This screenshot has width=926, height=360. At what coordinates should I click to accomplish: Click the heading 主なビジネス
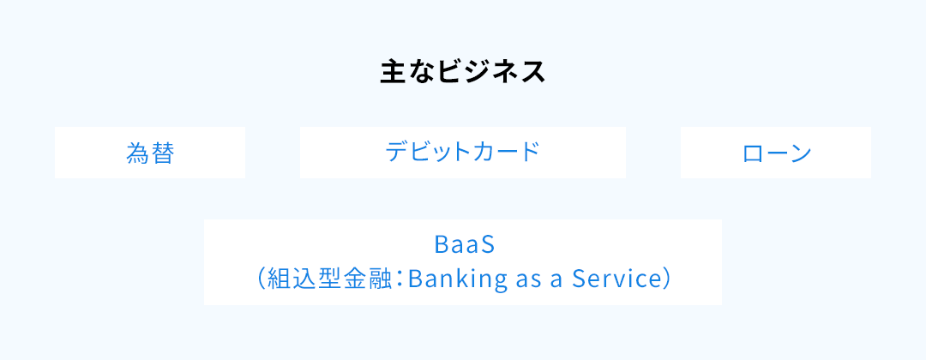click(463, 72)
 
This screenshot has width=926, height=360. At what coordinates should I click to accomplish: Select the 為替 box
click(150, 153)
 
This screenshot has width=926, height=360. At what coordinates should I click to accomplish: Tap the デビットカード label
click(463, 153)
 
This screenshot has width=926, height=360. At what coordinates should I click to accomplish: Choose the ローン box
click(776, 153)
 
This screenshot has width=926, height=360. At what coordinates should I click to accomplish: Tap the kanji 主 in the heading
click(392, 72)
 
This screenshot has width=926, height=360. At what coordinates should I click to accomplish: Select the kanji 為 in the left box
click(137, 153)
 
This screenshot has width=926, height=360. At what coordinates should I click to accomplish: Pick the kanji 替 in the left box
click(162, 153)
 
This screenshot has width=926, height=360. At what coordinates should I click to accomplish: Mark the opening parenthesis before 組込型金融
click(261, 279)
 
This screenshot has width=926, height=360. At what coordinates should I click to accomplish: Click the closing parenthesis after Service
click(665, 279)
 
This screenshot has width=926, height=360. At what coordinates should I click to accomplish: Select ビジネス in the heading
click(490, 72)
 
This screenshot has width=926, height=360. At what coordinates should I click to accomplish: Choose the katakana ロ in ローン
click(753, 153)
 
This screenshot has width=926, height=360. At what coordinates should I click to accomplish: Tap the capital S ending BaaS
click(484, 245)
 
